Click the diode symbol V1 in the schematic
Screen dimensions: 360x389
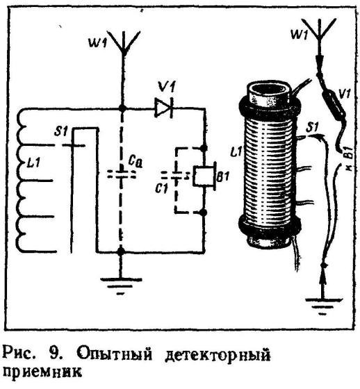(164, 108)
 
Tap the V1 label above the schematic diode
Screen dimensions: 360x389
(167, 88)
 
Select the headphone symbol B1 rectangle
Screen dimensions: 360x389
(204, 176)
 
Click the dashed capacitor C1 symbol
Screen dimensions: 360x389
(176, 176)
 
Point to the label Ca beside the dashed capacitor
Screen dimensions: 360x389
(136, 162)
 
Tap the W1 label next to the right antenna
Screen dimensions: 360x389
(299, 34)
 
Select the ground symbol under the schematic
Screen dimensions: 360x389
(121, 285)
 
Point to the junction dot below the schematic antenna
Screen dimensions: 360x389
(122, 108)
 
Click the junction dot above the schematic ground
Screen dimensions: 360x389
(121, 251)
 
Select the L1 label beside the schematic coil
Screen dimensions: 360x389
(33, 163)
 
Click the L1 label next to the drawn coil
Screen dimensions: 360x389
(236, 151)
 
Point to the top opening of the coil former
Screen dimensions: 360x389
(269, 88)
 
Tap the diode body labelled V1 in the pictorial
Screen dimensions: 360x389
(333, 103)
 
